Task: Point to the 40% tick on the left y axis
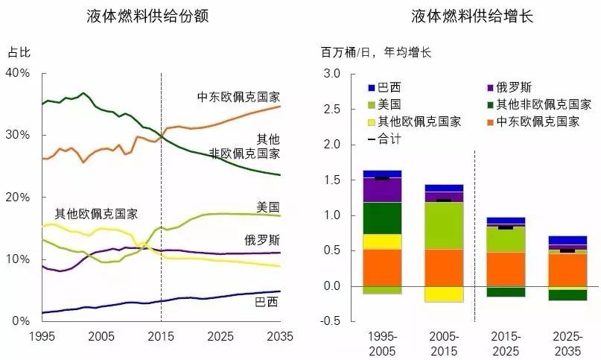tap(18, 73)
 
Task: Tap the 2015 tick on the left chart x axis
tap(162, 336)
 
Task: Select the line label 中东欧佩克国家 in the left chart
tap(238, 96)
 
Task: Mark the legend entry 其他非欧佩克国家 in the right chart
tap(538, 104)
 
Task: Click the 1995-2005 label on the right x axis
tap(381, 341)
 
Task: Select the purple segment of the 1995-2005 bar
tap(381, 190)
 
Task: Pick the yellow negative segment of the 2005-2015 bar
tap(443, 294)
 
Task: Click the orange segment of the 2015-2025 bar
tap(505, 269)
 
